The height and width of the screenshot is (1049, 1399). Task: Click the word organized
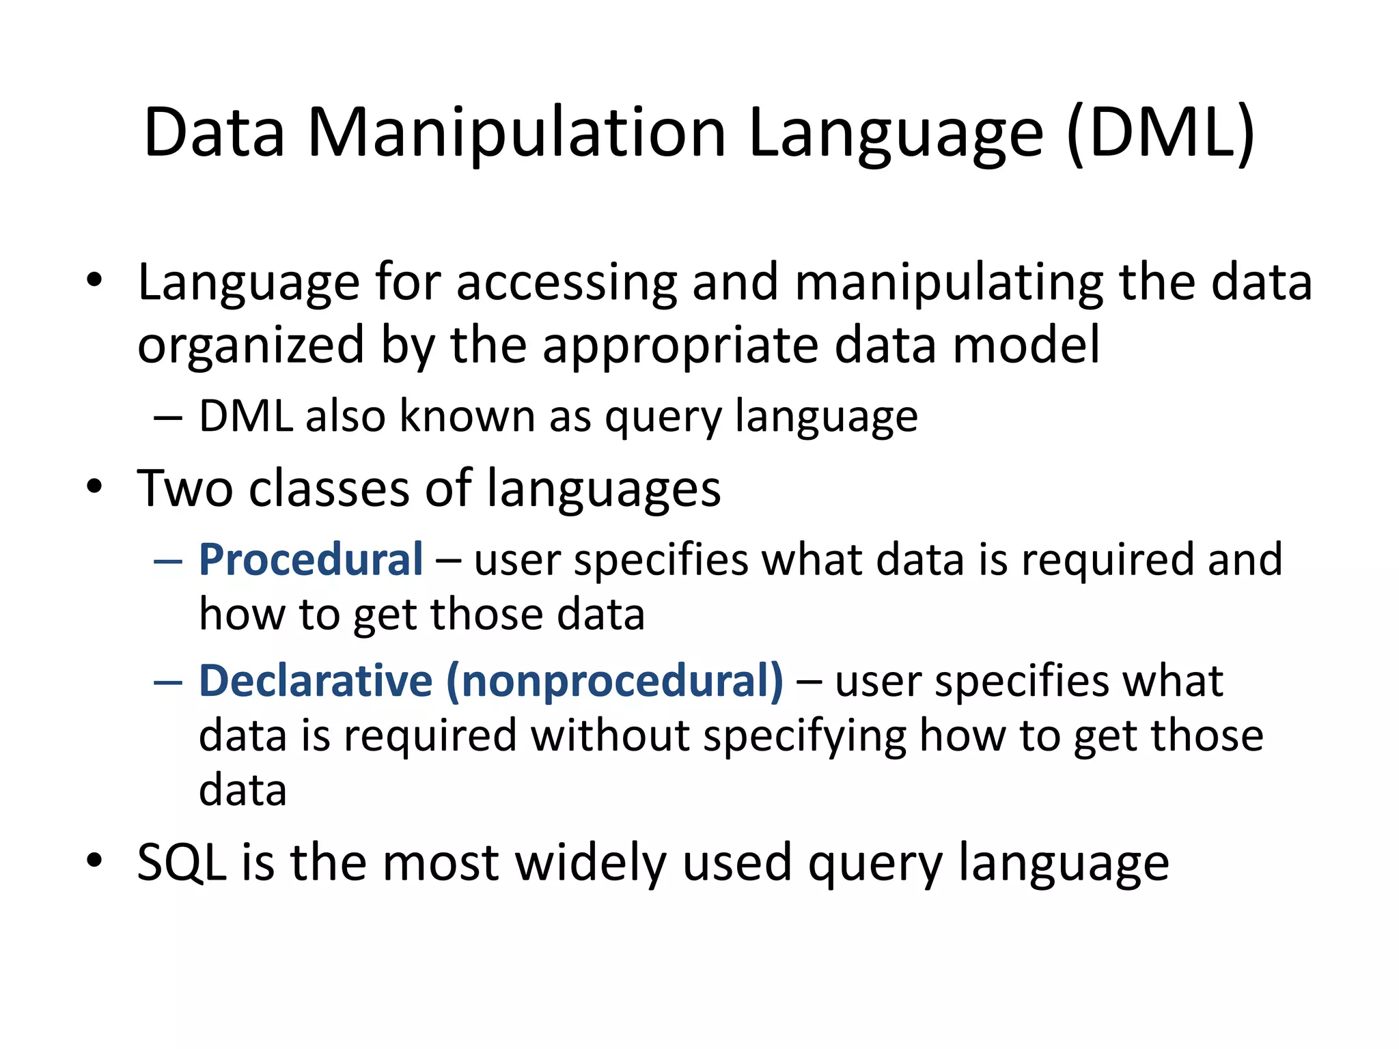click(251, 345)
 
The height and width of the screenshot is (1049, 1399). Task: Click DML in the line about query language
click(246, 416)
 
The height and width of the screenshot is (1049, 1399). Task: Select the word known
click(467, 416)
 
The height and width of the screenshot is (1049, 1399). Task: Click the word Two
click(184, 488)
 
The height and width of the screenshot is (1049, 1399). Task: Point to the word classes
click(329, 488)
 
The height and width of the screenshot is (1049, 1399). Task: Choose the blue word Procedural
click(311, 560)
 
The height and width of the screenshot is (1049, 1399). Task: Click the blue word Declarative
click(316, 681)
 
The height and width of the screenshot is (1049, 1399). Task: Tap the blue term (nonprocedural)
click(615, 681)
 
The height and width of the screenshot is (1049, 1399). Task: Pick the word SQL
click(182, 863)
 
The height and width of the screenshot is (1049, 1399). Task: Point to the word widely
click(590, 863)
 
